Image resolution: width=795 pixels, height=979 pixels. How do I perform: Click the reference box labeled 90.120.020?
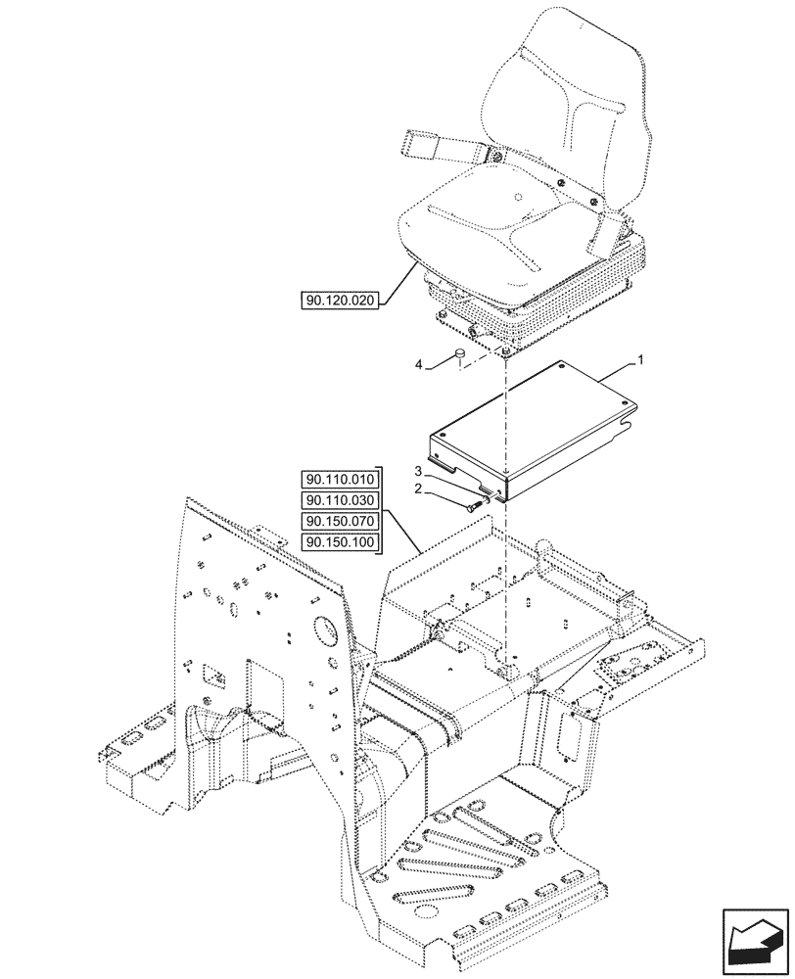click(x=339, y=300)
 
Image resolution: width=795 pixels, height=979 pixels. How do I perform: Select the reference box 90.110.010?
click(x=339, y=479)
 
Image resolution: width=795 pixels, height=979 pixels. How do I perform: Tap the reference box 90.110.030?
click(x=339, y=500)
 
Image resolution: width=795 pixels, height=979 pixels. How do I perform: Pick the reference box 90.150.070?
click(x=339, y=522)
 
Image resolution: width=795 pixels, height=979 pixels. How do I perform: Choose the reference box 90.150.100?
click(x=339, y=542)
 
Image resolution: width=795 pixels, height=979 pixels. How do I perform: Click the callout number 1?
click(x=640, y=361)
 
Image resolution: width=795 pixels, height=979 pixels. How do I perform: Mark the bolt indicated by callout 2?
click(x=475, y=504)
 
